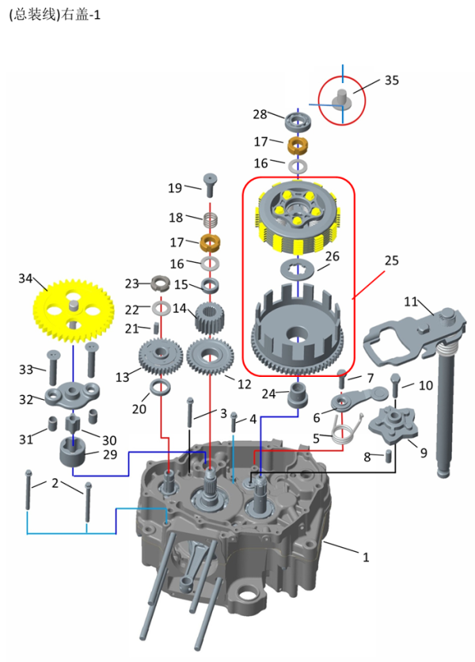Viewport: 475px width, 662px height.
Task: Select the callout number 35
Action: pyautogui.click(x=392, y=80)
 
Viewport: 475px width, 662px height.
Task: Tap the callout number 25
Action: pyautogui.click(x=391, y=260)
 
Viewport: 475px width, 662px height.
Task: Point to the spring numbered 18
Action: pyautogui.click(x=211, y=219)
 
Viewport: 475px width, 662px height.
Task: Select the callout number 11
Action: pyautogui.click(x=410, y=302)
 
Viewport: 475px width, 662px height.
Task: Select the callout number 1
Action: pyautogui.click(x=366, y=557)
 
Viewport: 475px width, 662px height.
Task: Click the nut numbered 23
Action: pyautogui.click(x=159, y=283)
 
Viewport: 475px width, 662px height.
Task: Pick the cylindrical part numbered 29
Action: pyautogui.click(x=76, y=457)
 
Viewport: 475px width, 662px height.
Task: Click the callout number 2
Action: pyautogui.click(x=55, y=483)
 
